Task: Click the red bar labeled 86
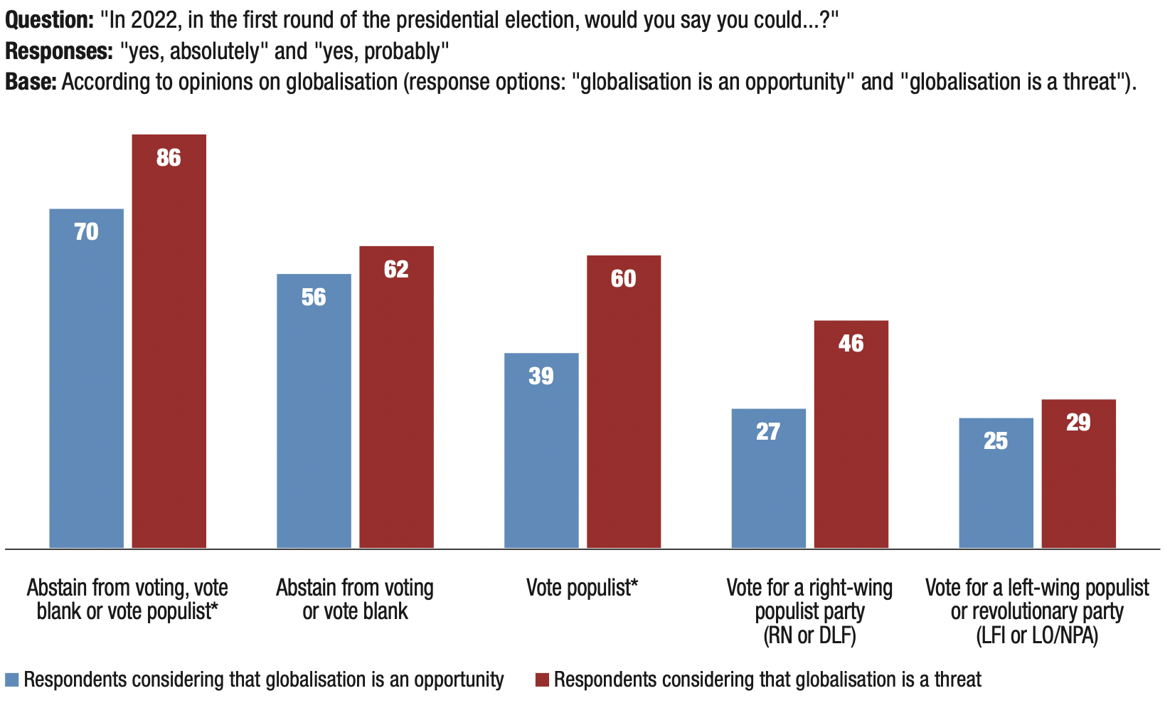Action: tap(169, 341)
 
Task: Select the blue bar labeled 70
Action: tap(86, 378)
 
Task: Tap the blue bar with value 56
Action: tap(314, 411)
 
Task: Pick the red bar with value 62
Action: tap(396, 396)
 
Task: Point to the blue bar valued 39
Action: tap(541, 450)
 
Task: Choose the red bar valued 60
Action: tap(624, 401)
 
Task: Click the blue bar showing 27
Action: tap(768, 477)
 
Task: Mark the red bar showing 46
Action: tap(851, 434)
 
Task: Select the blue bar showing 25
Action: tap(996, 482)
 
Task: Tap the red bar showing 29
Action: tap(1078, 473)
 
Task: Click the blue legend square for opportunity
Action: tap(12, 680)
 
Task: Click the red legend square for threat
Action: tap(542, 680)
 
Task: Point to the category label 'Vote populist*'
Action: tap(582, 588)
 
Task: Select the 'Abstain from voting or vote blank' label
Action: tap(355, 599)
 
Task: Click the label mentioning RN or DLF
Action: tap(809, 610)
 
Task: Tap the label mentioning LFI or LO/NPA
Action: tap(1037, 610)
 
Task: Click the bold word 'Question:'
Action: tap(49, 19)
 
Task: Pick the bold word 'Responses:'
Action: tap(56, 51)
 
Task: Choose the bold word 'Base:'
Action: tap(31, 82)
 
